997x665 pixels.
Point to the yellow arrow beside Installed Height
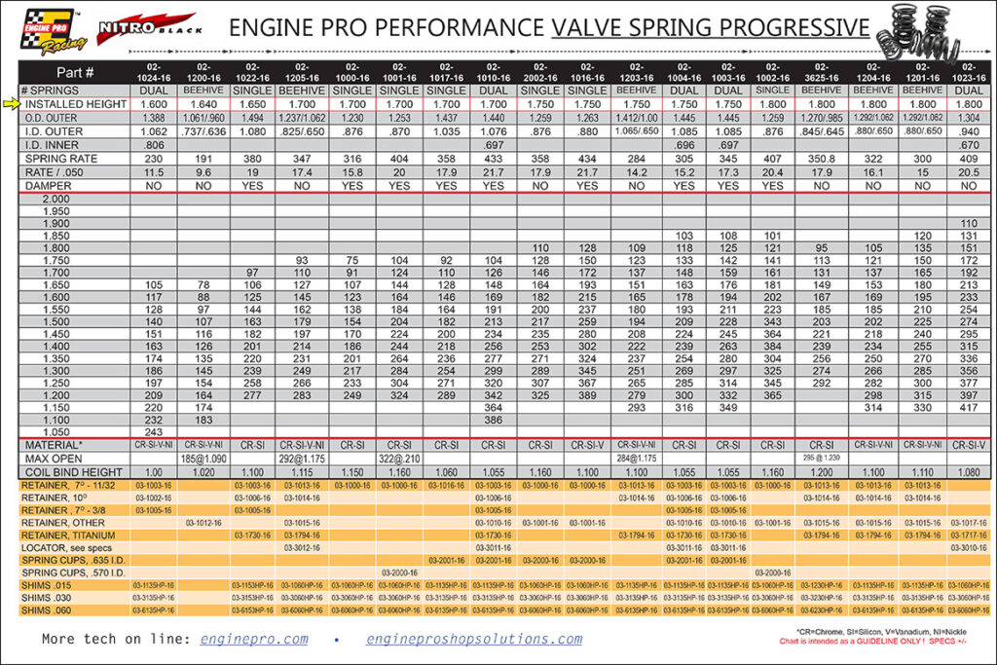point(11,103)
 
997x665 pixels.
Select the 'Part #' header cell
point(75,72)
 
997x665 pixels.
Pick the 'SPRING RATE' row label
point(60,158)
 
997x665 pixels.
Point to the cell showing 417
point(970,406)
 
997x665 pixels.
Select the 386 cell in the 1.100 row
point(493,419)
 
